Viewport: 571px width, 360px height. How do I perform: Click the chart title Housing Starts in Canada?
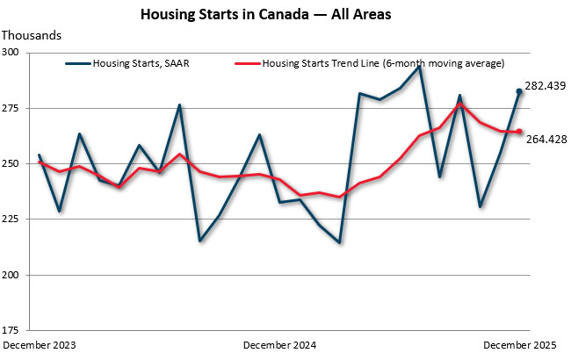[x=285, y=15]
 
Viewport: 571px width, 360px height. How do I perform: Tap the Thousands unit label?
[x=33, y=35]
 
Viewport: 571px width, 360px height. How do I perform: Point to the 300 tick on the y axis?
[x=17, y=53]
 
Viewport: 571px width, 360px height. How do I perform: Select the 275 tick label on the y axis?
[x=17, y=108]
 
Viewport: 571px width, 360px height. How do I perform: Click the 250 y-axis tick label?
[x=17, y=164]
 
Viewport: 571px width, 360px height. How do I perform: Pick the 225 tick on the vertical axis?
[x=17, y=220]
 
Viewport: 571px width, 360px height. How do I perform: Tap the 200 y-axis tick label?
[x=17, y=275]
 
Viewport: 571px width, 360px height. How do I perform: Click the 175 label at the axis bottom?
[x=17, y=330]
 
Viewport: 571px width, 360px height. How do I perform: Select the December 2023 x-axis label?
[x=40, y=346]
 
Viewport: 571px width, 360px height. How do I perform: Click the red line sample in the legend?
[x=248, y=64]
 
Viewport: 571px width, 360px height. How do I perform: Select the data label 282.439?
[x=546, y=86]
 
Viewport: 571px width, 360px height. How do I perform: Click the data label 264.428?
[x=546, y=138]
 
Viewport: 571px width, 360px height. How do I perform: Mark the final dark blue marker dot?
[x=519, y=91]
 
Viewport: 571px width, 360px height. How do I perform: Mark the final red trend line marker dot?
[x=519, y=132]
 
